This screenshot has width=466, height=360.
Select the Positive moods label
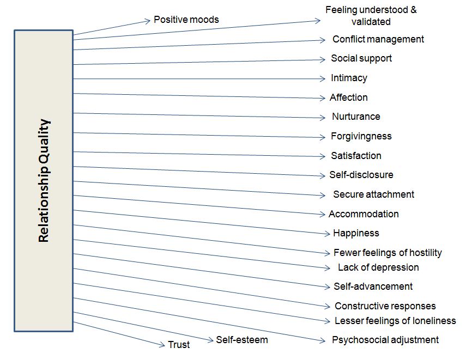coord(186,20)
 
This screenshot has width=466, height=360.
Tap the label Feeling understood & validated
coord(371,16)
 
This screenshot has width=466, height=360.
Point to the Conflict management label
coord(378,39)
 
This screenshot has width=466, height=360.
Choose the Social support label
coord(361,58)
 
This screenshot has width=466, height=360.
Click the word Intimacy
coord(349,78)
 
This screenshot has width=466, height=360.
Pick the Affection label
coord(348,97)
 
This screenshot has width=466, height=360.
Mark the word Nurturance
coord(355,117)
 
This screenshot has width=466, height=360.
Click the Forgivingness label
coord(361,136)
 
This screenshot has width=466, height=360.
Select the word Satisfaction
coord(356,156)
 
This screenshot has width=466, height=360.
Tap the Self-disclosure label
coord(361,175)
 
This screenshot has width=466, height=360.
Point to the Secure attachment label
coord(373,194)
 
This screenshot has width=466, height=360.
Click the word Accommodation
coord(364,214)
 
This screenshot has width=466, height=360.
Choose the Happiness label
coord(355,233)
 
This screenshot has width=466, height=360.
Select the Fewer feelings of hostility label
coord(387,253)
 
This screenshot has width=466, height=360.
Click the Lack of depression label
coord(378,267)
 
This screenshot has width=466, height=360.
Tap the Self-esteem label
coord(241,340)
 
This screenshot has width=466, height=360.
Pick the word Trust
coord(179,345)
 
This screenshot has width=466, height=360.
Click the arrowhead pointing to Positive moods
coord(147,21)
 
